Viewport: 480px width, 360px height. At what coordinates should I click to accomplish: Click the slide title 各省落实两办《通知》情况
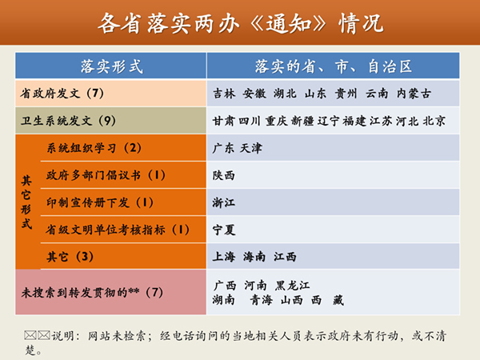240,23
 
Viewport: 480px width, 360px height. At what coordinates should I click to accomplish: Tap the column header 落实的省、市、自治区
333,66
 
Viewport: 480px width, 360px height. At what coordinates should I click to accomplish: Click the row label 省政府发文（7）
63,94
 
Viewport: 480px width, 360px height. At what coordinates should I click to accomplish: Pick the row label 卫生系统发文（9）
69,121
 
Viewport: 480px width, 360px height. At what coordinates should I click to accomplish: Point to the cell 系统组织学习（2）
94,148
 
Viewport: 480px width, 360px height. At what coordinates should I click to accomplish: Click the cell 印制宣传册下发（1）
100,202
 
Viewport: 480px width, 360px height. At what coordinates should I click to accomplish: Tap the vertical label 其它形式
26,202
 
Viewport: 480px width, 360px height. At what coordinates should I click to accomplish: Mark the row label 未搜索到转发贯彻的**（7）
92,292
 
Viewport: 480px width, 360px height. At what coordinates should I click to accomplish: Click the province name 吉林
225,94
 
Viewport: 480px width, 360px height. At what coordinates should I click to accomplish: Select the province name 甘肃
224,122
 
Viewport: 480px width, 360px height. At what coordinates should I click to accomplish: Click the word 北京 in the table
434,122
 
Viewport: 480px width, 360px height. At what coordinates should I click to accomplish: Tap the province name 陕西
225,175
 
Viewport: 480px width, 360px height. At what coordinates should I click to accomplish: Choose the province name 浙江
225,202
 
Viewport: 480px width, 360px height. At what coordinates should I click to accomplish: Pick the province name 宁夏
225,230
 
